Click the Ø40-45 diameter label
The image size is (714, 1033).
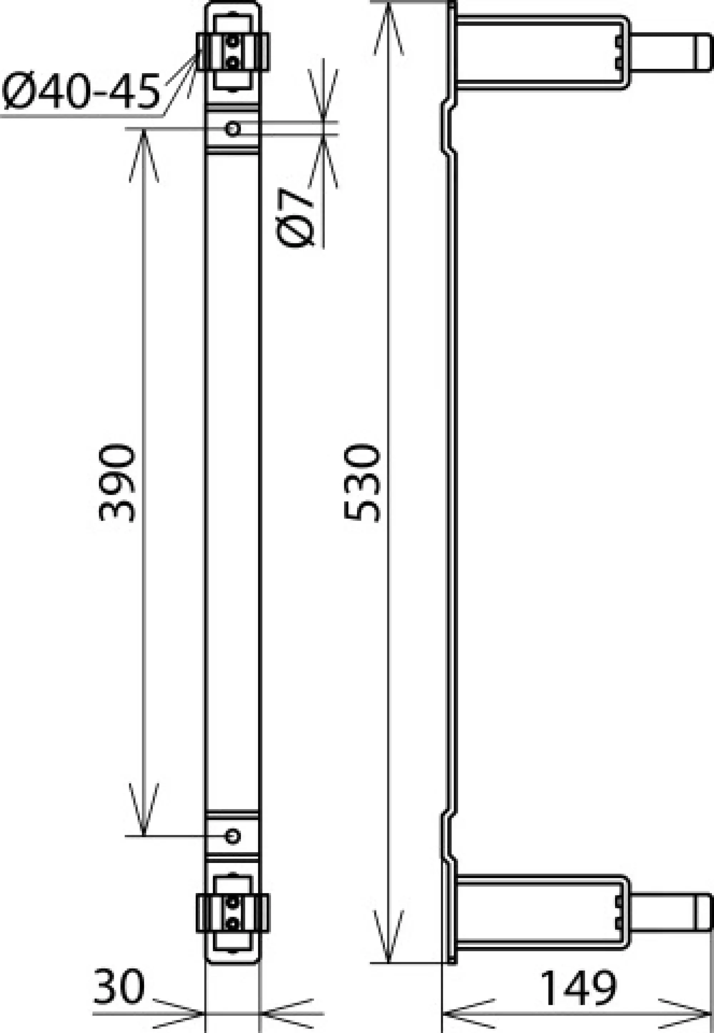click(x=81, y=92)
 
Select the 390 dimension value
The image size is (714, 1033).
click(x=117, y=483)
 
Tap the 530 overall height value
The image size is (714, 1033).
click(x=362, y=483)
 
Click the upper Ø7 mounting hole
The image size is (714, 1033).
click(x=233, y=129)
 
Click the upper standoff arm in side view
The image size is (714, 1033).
click(x=537, y=52)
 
